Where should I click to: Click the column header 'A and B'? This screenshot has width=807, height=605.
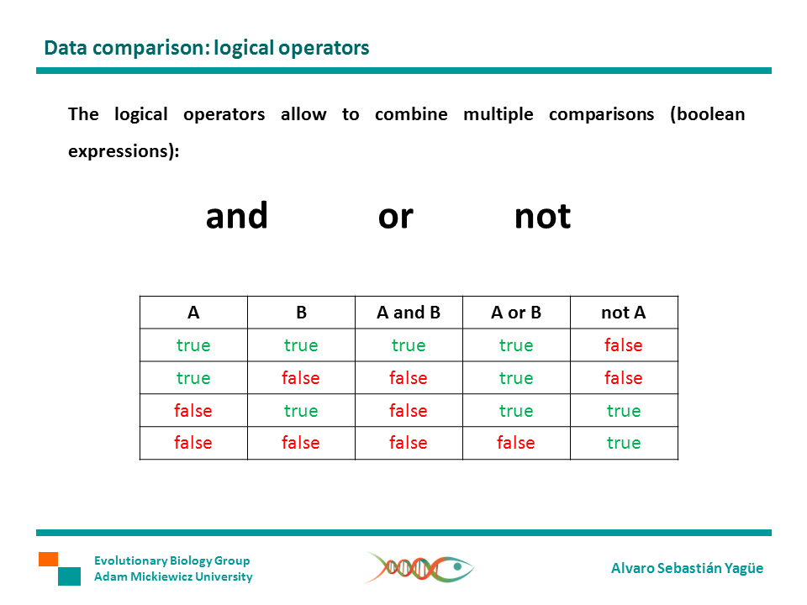click(409, 313)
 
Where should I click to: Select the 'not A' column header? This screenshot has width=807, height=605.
click(624, 313)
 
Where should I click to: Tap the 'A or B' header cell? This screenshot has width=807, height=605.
click(516, 313)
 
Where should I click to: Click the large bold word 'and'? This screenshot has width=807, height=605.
click(237, 216)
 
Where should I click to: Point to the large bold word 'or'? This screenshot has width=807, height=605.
click(395, 218)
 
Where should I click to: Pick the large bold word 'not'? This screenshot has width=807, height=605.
click(542, 217)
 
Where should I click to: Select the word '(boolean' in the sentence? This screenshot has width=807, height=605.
click(708, 114)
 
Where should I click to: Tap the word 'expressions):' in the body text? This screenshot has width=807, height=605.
click(124, 151)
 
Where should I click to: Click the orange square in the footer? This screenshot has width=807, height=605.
click(49, 560)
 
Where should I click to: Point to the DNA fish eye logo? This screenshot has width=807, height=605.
click(419, 568)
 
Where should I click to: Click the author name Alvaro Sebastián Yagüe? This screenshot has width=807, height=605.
click(687, 568)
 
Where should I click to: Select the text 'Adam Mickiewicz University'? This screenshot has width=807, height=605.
click(173, 576)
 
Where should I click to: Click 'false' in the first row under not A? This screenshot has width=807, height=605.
click(624, 345)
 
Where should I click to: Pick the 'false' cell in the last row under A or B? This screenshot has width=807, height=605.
click(516, 443)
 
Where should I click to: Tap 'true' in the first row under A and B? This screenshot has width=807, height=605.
click(409, 345)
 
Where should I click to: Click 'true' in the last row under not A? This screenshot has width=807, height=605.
click(624, 443)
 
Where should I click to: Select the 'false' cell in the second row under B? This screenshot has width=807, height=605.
click(301, 378)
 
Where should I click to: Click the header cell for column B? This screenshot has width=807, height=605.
click(302, 313)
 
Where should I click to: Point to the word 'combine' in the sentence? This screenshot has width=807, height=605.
click(411, 114)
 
